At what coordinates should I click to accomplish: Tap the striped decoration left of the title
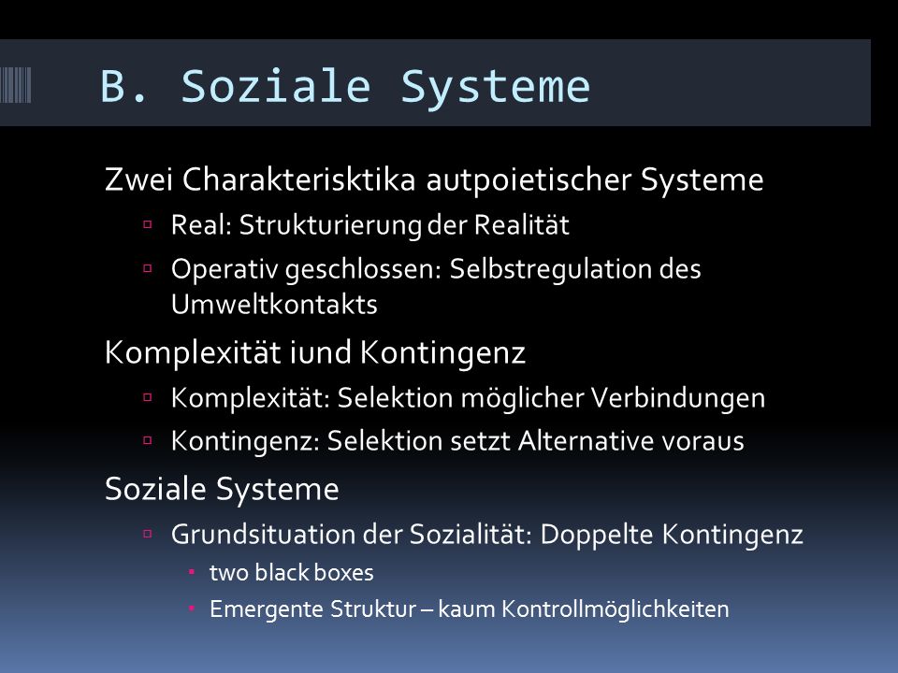tap(16, 85)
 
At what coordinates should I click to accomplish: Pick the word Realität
tap(522, 224)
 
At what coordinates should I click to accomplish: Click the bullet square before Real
tap(148, 223)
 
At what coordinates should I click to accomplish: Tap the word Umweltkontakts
tap(274, 304)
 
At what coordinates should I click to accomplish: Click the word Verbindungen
tap(678, 398)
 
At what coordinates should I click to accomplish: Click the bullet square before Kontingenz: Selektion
tap(148, 440)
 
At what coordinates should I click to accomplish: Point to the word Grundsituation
tap(264, 535)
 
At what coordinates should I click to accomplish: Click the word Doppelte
tap(597, 535)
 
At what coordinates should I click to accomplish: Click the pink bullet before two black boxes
tap(192, 572)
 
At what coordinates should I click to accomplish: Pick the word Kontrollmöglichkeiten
tap(616, 609)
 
